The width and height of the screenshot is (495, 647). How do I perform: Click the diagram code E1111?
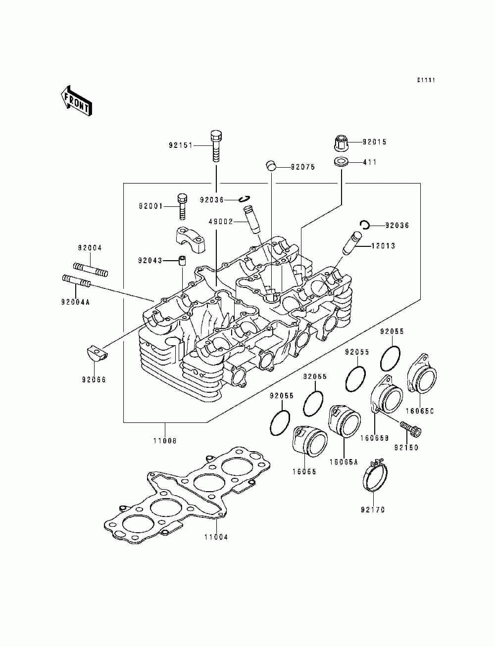click(426, 80)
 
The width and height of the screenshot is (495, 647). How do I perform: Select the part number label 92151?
click(180, 145)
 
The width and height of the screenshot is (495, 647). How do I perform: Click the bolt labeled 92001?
click(182, 206)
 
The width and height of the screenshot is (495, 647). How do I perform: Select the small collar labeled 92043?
click(182, 261)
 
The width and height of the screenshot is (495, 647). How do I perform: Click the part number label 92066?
click(94, 379)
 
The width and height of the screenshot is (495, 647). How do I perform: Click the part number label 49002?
click(221, 222)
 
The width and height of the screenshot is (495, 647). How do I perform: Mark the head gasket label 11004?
click(216, 537)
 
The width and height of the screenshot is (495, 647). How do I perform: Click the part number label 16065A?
click(344, 462)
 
